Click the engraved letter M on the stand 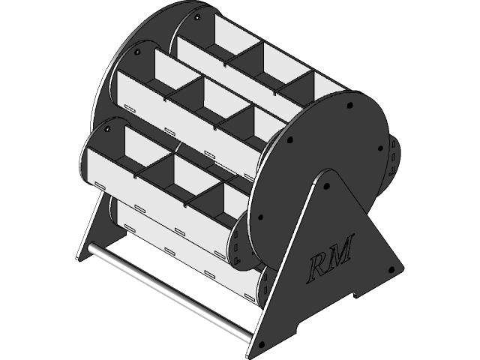339,256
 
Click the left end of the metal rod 88,248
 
